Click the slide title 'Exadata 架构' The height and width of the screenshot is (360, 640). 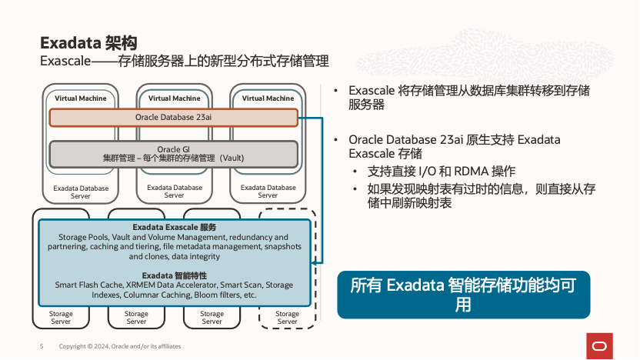point(88,42)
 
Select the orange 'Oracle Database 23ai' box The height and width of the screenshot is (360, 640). point(173,117)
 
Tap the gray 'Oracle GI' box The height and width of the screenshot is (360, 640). point(173,153)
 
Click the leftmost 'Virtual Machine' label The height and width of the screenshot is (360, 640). point(81,98)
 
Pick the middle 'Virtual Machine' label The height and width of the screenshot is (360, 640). point(175,98)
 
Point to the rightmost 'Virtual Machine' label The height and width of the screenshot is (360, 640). point(268,98)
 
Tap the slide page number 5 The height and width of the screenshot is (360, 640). point(42,346)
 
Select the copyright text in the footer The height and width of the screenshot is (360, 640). point(120,346)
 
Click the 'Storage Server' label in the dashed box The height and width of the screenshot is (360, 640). point(287,318)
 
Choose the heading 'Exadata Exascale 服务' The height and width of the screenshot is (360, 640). point(174,228)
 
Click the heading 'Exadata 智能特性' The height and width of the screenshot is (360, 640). point(174,275)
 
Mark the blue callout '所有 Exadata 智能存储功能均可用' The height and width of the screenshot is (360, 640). point(463,295)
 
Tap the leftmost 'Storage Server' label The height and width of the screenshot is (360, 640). point(61,318)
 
